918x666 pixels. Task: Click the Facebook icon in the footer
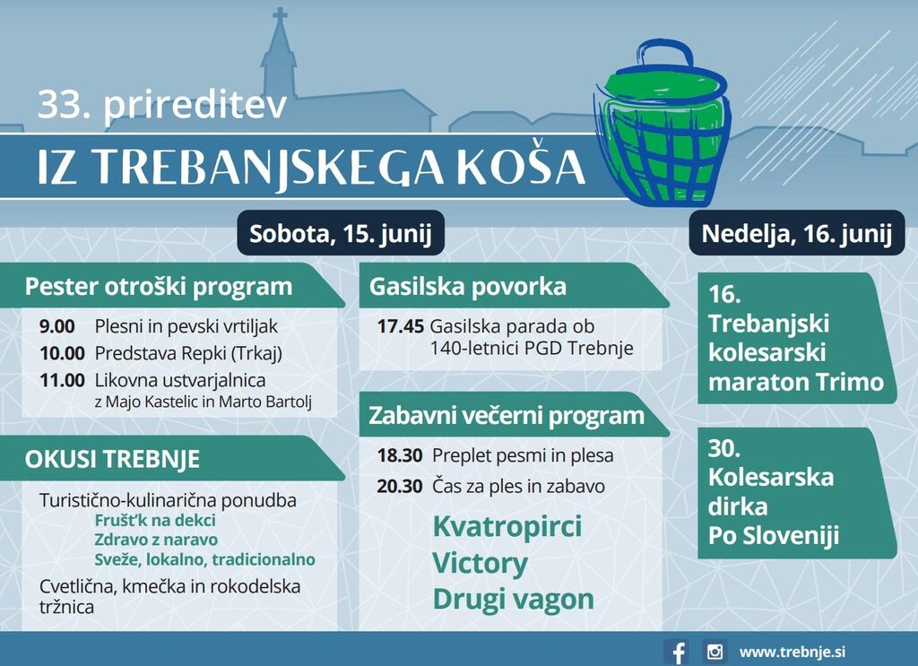pyautogui.click(x=677, y=652)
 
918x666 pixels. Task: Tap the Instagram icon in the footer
pyautogui.click(x=714, y=652)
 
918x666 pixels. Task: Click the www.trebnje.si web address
pyautogui.click(x=792, y=652)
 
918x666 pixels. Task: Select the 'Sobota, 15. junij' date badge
pyautogui.click(x=340, y=233)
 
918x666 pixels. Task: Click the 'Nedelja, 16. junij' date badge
pyautogui.click(x=796, y=233)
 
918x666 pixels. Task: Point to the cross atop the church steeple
pyautogui.click(x=281, y=16)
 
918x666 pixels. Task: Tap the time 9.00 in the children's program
pyautogui.click(x=57, y=326)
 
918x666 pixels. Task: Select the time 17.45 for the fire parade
pyautogui.click(x=401, y=326)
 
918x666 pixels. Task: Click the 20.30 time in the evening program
pyautogui.click(x=400, y=487)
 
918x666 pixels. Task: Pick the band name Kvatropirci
pyautogui.click(x=507, y=525)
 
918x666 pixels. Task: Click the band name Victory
pyautogui.click(x=481, y=563)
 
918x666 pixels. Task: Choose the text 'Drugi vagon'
pyautogui.click(x=514, y=599)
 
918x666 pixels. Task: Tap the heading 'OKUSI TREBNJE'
pyautogui.click(x=112, y=460)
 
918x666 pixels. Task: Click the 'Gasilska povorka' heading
pyautogui.click(x=468, y=287)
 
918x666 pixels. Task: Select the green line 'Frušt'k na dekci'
pyautogui.click(x=155, y=520)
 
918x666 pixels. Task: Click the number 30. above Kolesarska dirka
pyautogui.click(x=724, y=448)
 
